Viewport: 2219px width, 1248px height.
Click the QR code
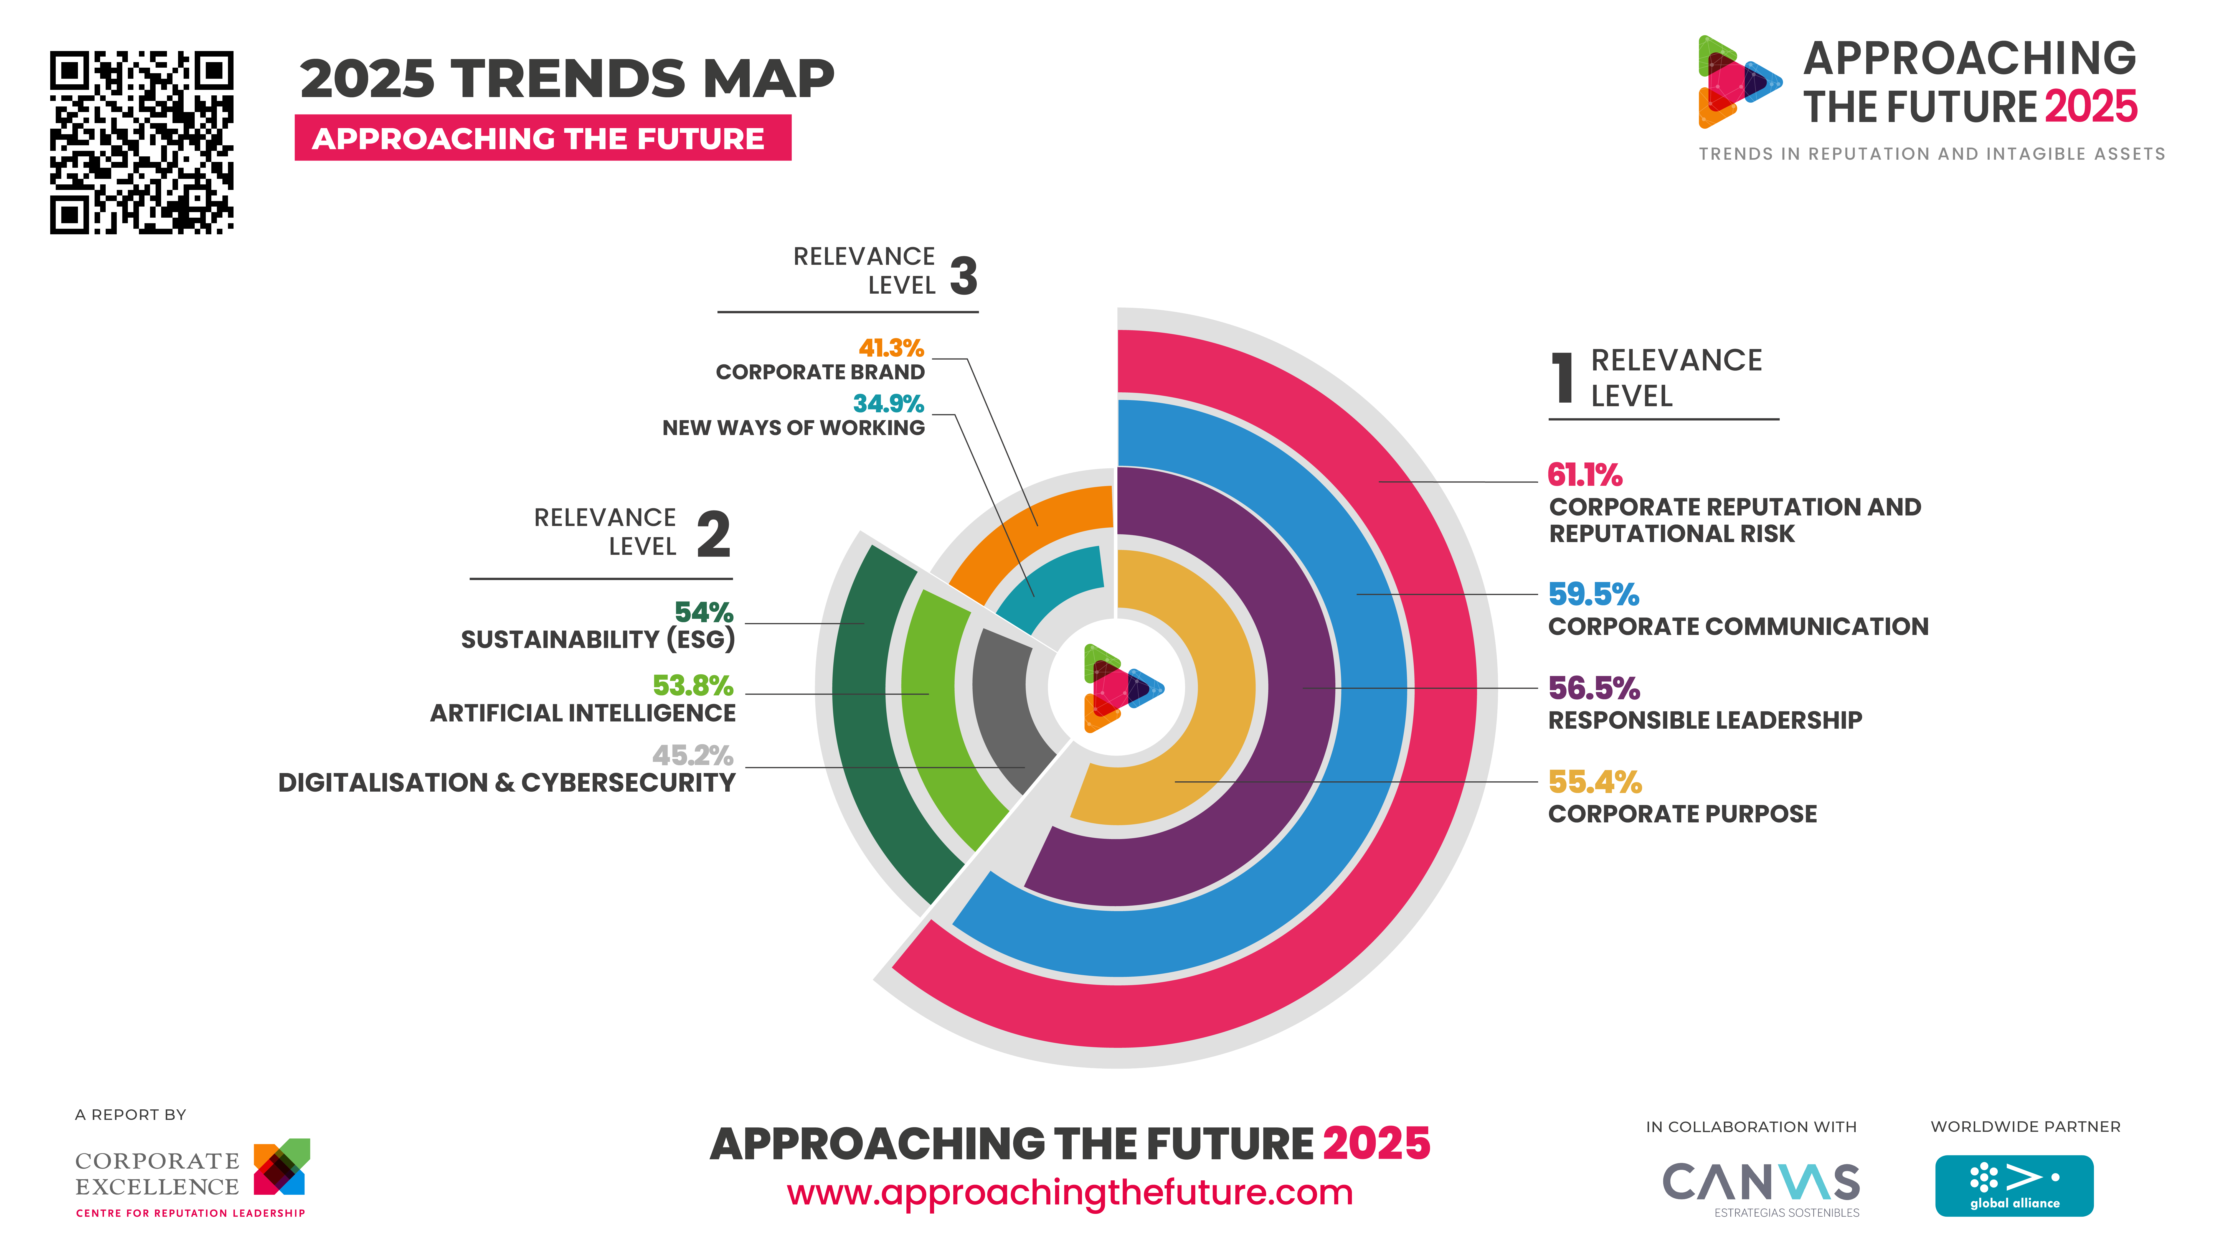coord(141,142)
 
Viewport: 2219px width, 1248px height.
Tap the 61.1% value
coord(1584,475)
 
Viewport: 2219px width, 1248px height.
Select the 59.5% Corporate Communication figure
coord(1593,594)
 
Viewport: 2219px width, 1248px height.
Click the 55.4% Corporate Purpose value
coord(1594,782)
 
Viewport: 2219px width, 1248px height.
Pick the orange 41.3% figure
coord(891,348)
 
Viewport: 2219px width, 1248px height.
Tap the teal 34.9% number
coord(888,404)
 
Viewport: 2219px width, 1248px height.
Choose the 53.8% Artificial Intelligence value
coord(693,686)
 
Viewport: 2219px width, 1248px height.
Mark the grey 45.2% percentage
coord(693,755)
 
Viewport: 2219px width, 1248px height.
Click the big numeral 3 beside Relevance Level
coord(964,276)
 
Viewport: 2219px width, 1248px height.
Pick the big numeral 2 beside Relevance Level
coord(713,534)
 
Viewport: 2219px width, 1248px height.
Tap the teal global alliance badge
coord(2014,1185)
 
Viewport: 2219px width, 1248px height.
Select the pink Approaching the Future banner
coord(543,138)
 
